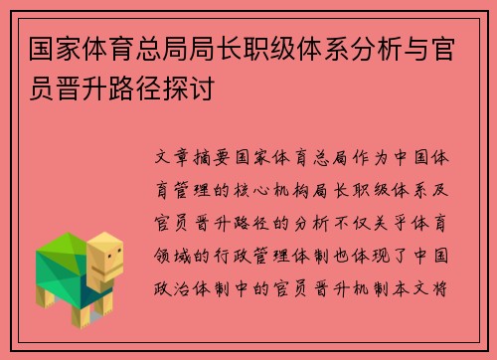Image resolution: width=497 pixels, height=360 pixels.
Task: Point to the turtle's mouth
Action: click(113, 270)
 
